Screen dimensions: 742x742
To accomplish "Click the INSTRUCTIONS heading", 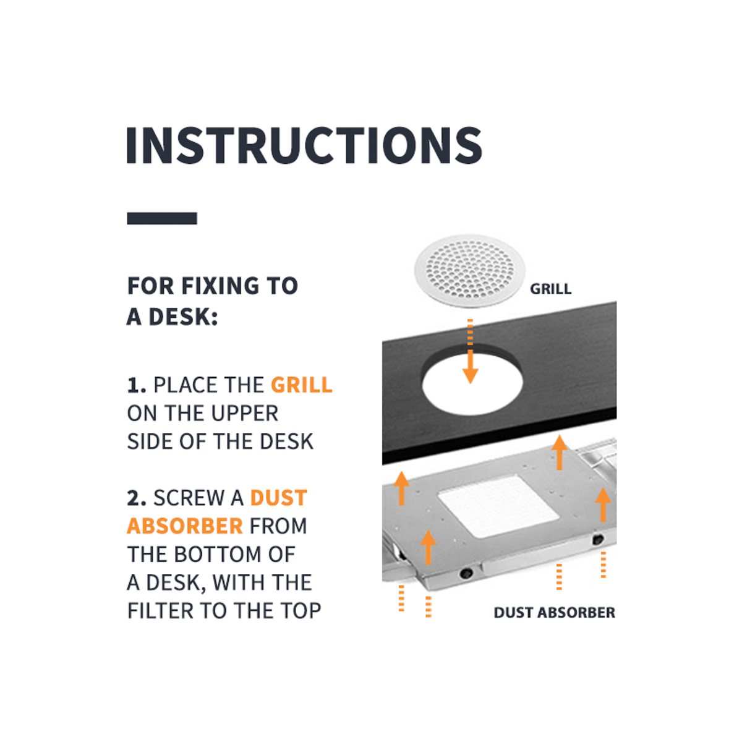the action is tap(304, 145).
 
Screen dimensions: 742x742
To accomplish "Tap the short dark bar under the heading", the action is tap(162, 218).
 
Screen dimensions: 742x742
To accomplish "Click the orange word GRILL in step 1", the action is tap(302, 385).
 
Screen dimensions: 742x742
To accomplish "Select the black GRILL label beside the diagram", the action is tap(551, 289).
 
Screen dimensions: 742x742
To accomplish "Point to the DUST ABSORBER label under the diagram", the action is tap(554, 612).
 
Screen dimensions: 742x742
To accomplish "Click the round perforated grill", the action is tap(470, 271).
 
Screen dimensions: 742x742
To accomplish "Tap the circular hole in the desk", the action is tap(472, 385).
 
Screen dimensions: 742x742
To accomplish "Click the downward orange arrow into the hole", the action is tap(470, 351).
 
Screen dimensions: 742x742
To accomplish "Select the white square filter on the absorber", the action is tap(498, 506).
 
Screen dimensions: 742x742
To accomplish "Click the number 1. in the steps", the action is tap(137, 385).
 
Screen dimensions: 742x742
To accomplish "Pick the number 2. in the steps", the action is tap(137, 498).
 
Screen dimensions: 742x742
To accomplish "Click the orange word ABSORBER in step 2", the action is tap(185, 526).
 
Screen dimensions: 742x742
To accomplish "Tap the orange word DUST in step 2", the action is tap(279, 498).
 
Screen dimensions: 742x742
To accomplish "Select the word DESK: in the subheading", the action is tap(183, 317).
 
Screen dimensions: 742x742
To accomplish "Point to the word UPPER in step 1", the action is tap(244, 413).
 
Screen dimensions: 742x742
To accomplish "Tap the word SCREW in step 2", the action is tap(189, 498).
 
